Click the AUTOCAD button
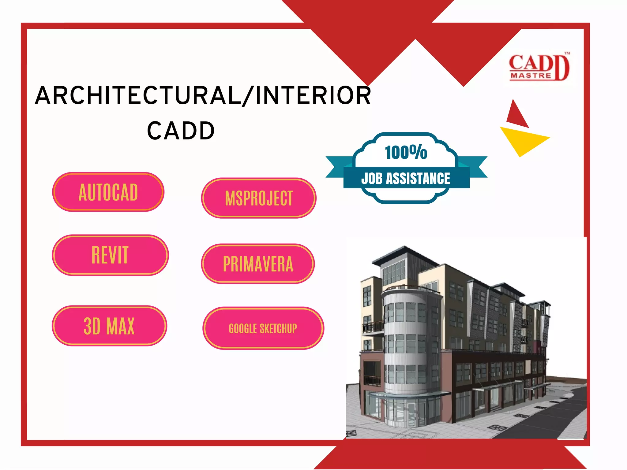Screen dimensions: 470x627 (x=108, y=192)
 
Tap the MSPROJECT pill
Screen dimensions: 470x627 (x=259, y=198)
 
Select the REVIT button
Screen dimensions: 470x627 (x=110, y=255)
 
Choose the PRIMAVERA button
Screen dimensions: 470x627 (x=258, y=264)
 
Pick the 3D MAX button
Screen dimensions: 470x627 (x=109, y=326)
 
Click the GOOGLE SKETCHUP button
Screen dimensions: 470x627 (x=263, y=328)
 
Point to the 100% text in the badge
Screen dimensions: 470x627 (x=406, y=152)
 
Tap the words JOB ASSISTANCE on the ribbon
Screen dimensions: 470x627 (x=406, y=179)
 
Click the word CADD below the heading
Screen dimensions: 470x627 (x=181, y=131)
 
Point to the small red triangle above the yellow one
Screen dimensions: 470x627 (x=516, y=115)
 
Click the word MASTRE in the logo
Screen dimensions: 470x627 (x=531, y=76)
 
